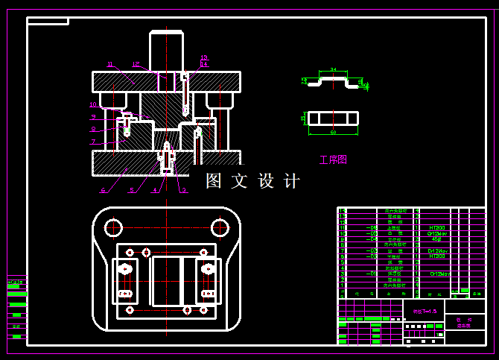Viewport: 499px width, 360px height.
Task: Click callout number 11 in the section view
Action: pos(109,64)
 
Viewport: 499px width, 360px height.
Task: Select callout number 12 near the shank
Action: pos(136,64)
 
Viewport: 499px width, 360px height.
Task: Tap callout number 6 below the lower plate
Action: pos(103,190)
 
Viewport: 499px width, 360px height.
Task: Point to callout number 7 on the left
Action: pos(94,142)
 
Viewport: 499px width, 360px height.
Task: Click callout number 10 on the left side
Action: pos(93,105)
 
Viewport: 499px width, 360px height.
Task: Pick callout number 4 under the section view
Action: pos(155,190)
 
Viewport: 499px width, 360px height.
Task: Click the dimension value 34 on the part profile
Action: pos(333,69)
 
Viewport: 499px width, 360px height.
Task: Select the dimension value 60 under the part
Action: pos(333,132)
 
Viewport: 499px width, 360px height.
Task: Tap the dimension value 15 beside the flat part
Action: pos(303,119)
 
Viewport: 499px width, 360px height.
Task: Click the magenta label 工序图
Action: pos(333,160)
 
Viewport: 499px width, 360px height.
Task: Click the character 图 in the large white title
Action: pos(214,181)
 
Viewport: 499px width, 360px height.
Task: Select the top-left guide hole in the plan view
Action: pos(113,227)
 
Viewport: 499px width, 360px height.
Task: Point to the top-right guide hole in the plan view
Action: pos(220,227)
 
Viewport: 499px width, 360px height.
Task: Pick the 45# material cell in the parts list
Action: pos(436,239)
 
